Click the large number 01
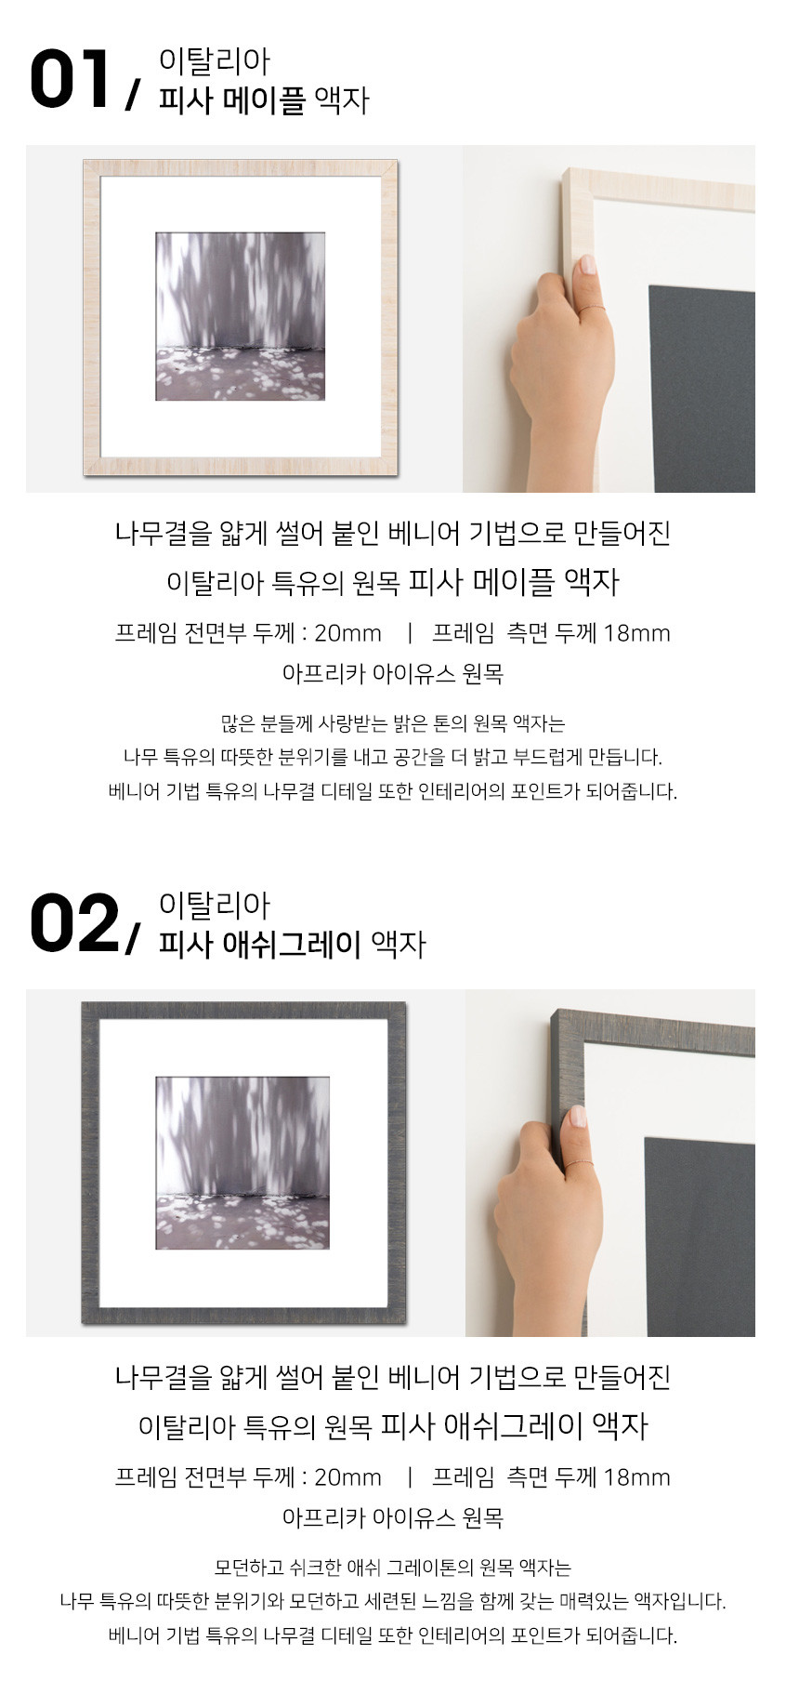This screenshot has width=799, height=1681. (70, 79)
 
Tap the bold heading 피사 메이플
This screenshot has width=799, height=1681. (231, 99)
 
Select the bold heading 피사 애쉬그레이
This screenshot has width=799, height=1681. (259, 944)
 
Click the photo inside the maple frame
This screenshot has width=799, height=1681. (240, 316)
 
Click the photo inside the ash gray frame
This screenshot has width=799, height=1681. (242, 1162)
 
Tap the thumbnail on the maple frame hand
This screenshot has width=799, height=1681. (588, 265)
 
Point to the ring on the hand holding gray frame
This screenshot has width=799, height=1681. (580, 1163)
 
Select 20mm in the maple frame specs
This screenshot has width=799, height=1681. (347, 633)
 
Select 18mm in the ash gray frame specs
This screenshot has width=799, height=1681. (636, 1477)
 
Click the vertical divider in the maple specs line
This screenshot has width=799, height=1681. (410, 633)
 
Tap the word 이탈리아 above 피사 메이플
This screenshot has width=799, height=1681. (215, 61)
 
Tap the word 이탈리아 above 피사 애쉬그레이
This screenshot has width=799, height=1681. (215, 906)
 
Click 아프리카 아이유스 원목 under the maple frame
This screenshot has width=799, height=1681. (393, 673)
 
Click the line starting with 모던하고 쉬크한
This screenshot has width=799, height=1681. (393, 1568)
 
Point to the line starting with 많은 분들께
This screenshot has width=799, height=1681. (393, 723)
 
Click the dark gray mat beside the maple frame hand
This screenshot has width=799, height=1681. (701, 389)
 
